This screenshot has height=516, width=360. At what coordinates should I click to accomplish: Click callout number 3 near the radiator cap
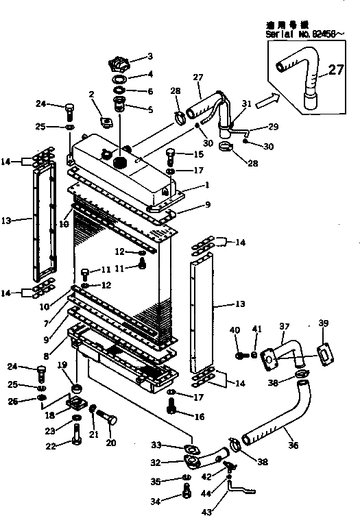click(x=150, y=56)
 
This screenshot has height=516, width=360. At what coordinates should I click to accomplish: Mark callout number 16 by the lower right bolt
click(x=199, y=416)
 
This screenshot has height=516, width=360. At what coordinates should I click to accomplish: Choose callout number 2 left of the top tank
click(x=91, y=95)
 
